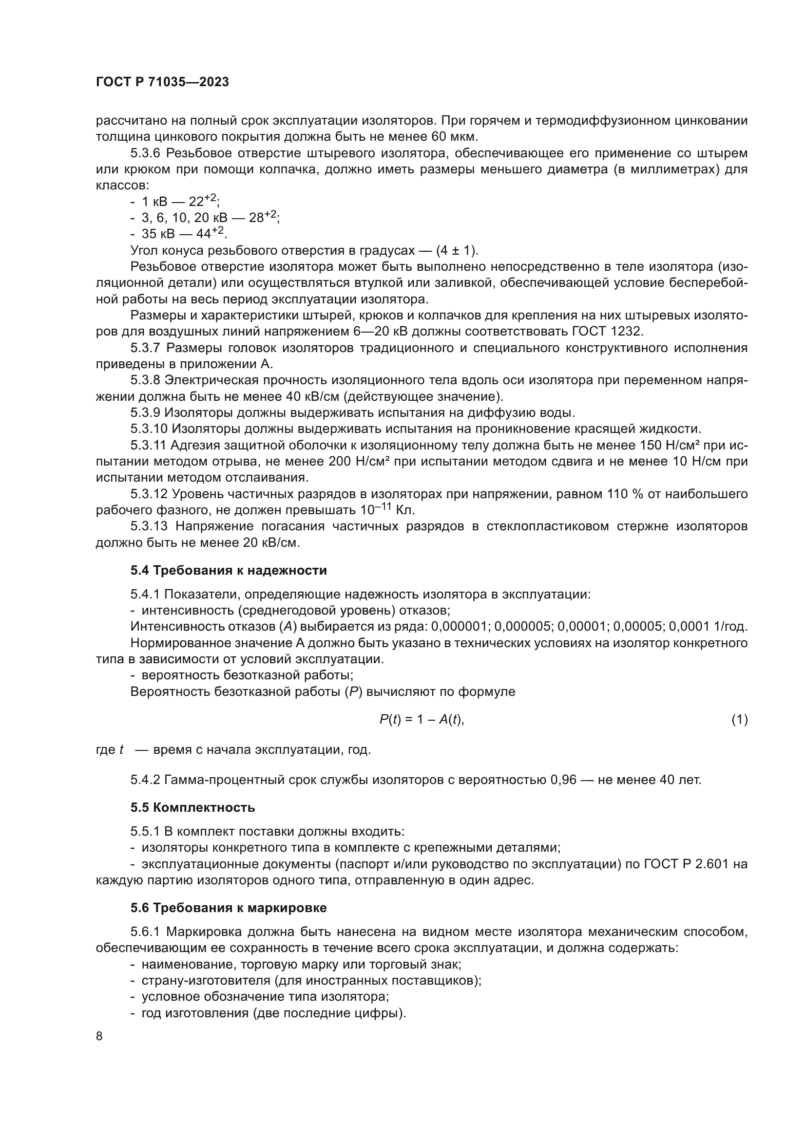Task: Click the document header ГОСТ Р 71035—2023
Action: coord(162,82)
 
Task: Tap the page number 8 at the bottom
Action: coord(99,1036)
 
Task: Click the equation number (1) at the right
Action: coord(740,719)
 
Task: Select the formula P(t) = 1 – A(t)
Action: coord(422,719)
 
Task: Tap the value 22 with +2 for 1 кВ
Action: coord(204,201)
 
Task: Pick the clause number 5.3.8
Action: coord(145,380)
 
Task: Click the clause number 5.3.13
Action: coord(149,526)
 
